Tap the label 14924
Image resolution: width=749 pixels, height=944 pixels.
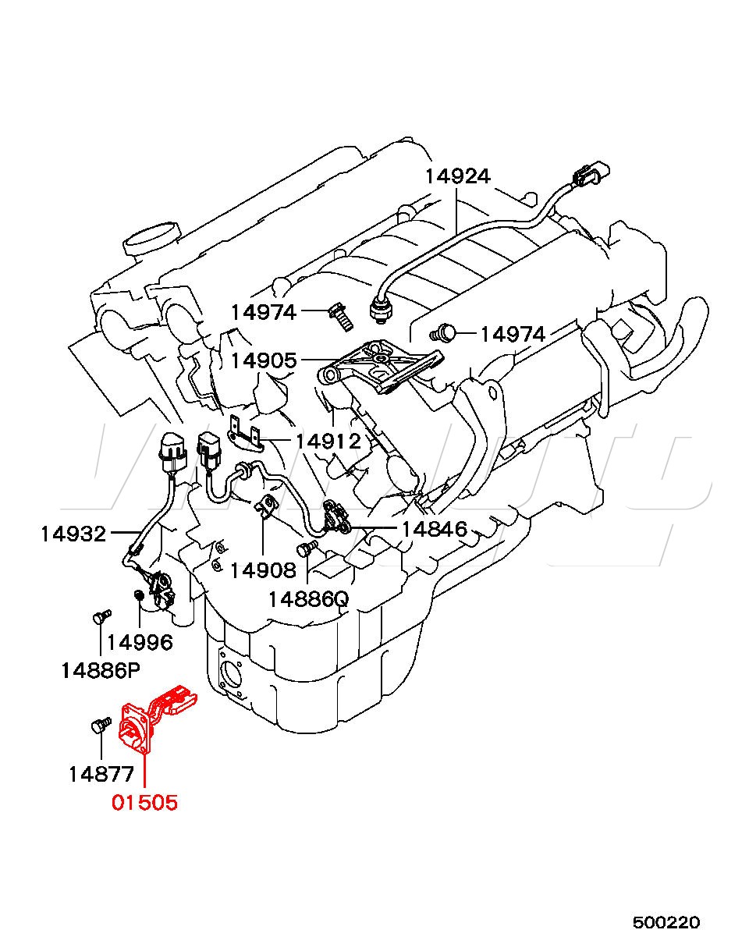pyautogui.click(x=457, y=176)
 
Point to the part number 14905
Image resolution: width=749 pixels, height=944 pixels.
pyautogui.click(x=264, y=360)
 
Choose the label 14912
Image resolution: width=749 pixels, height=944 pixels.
pyautogui.click(x=328, y=442)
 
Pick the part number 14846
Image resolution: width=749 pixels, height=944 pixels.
pyautogui.click(x=434, y=530)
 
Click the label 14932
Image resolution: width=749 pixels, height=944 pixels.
pyautogui.click(x=73, y=534)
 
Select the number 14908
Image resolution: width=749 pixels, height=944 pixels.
pyautogui.click(x=263, y=570)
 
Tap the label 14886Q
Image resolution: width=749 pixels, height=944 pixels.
pyautogui.click(x=308, y=599)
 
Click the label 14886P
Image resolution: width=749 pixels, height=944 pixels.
pyautogui.click(x=101, y=669)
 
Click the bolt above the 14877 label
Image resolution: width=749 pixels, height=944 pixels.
pyautogui.click(x=98, y=726)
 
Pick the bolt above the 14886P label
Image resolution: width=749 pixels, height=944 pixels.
pyautogui.click(x=98, y=618)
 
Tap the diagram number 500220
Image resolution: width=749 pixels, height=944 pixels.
pyautogui.click(x=666, y=922)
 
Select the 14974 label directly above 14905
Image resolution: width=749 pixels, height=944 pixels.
pyautogui.click(x=264, y=313)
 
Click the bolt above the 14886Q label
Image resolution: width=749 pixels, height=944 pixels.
pyautogui.click(x=307, y=548)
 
